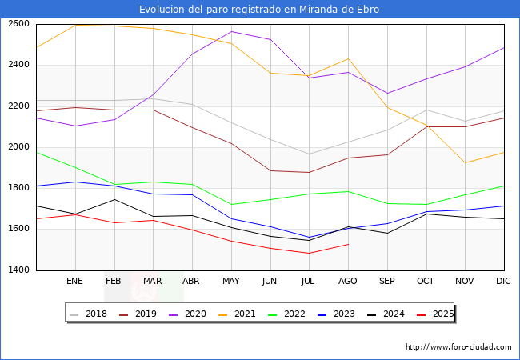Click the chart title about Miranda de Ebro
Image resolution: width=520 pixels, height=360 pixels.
click(259, 10)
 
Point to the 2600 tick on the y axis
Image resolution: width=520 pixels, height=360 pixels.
click(18, 24)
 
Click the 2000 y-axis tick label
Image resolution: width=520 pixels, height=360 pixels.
click(18, 147)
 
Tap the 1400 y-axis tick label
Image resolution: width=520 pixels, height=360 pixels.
click(18, 270)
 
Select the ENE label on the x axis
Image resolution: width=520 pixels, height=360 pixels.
click(74, 281)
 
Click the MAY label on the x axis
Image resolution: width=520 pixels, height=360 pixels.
click(231, 281)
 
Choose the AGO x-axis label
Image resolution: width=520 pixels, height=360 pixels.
click(348, 281)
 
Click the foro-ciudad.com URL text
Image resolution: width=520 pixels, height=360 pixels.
click(458, 347)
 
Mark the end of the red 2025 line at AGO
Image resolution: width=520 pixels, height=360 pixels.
click(348, 244)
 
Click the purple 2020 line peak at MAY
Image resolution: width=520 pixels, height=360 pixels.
click(231, 31)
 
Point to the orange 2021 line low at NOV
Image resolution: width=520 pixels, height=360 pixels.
click(465, 163)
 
